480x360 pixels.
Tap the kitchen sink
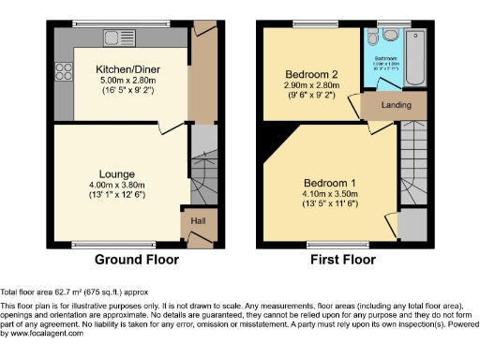[x=115, y=38]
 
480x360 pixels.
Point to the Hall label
[x=199, y=221]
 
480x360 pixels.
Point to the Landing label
[x=395, y=106]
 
